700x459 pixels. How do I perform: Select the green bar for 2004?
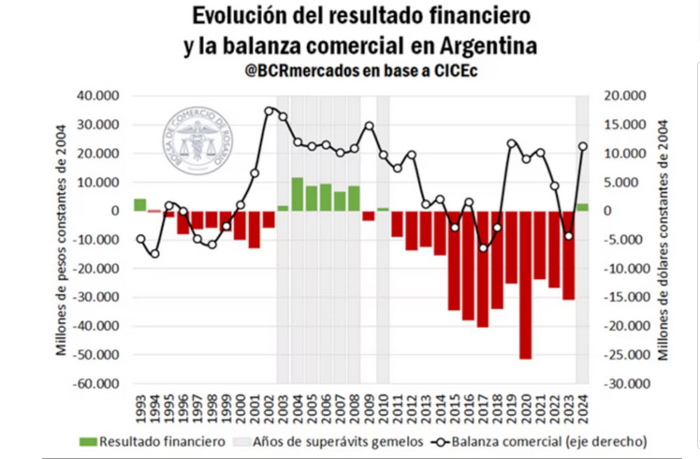point(297,194)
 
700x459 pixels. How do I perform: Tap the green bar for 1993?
point(139,204)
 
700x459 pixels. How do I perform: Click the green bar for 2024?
point(582,207)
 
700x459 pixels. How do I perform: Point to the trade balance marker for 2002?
point(270,111)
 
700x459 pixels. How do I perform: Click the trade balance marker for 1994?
point(154,253)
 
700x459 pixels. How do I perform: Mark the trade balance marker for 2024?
point(582,146)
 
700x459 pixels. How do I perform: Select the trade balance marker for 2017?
point(483,247)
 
